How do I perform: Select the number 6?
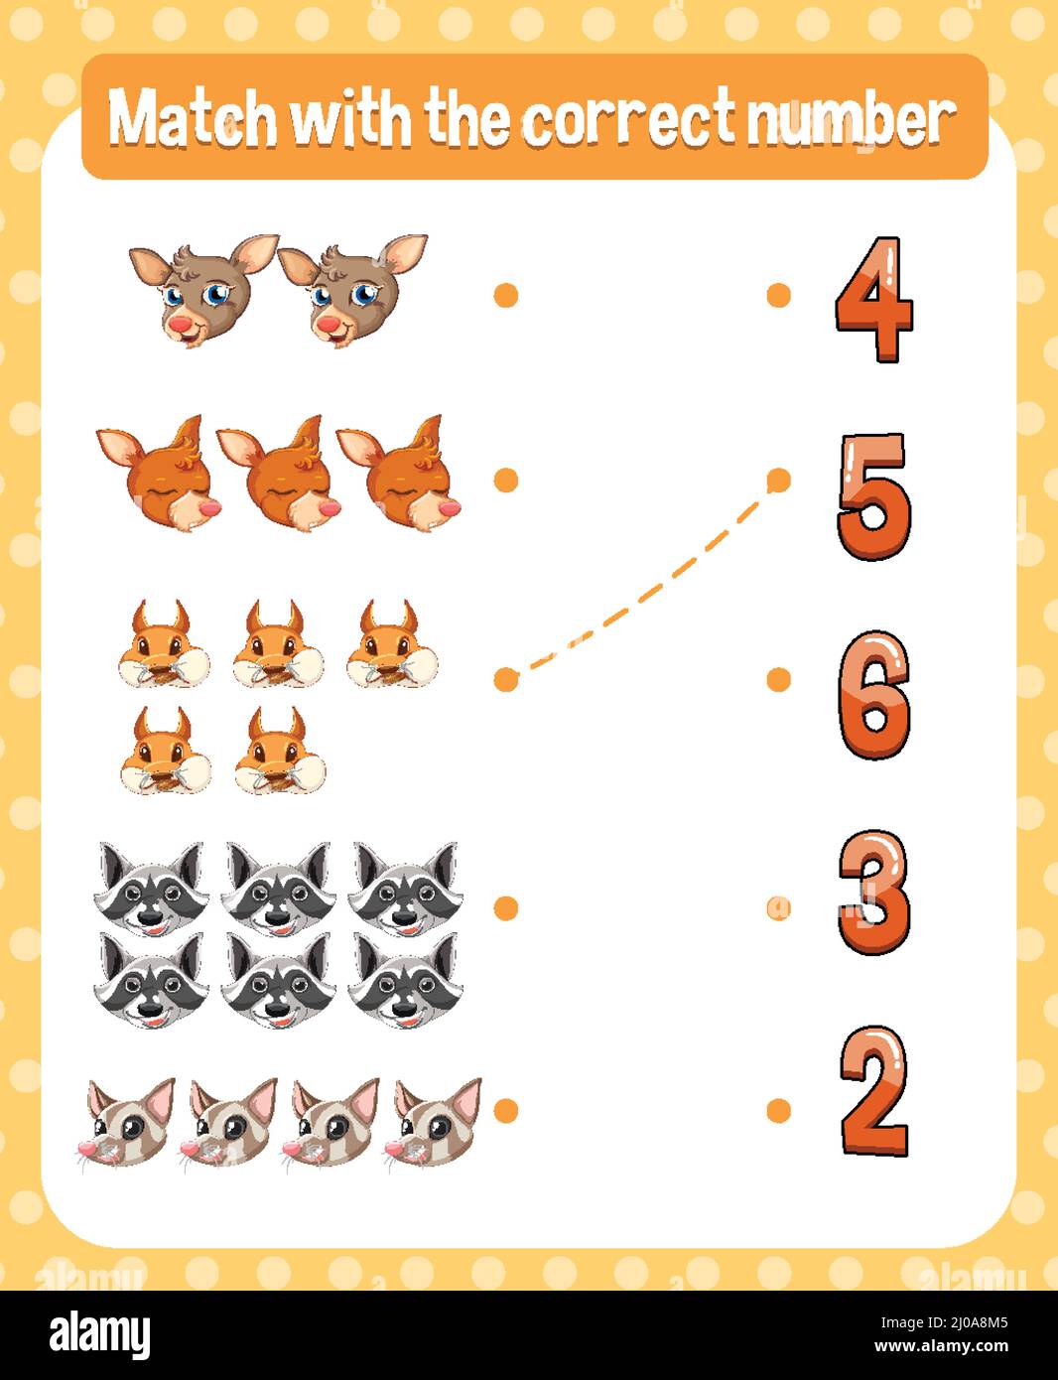click(x=874, y=695)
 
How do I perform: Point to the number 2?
click(x=873, y=1090)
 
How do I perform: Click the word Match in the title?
click(x=193, y=118)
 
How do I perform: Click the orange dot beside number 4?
click(x=779, y=295)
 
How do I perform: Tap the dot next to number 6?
click(x=779, y=679)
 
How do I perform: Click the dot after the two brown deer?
click(x=506, y=295)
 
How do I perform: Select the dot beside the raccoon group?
click(x=506, y=908)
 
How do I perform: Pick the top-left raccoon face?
click(x=151, y=890)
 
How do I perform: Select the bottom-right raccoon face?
click(x=405, y=981)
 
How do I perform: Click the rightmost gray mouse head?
click(x=433, y=1123)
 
